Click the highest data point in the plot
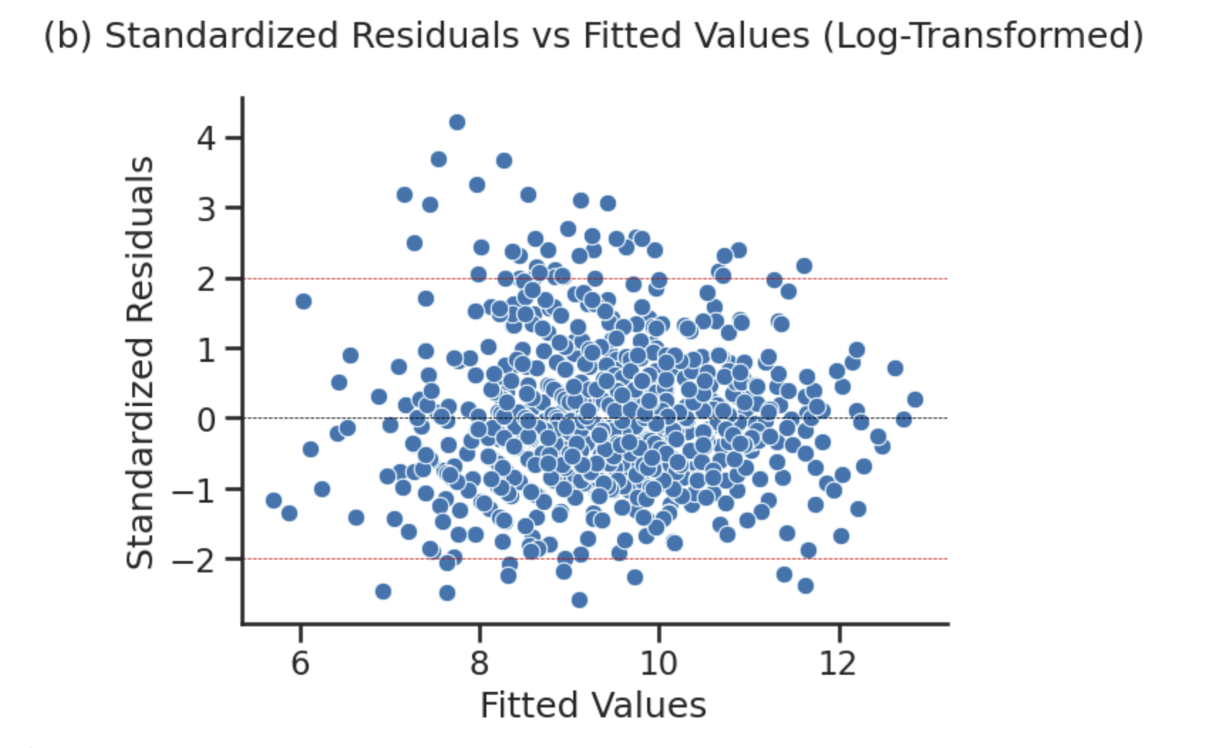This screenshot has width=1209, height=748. click(x=457, y=122)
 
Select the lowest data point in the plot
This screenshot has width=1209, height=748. click(x=580, y=600)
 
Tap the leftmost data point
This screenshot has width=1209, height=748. click(x=274, y=501)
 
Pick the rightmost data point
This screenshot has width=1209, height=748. click(x=915, y=400)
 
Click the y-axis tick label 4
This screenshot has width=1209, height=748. click(x=206, y=138)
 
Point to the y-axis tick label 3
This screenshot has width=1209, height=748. click(x=206, y=208)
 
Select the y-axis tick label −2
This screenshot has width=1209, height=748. click(x=193, y=560)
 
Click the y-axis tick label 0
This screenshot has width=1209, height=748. click(x=206, y=420)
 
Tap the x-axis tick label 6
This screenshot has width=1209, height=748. click(x=300, y=663)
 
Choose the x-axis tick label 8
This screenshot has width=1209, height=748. click(x=479, y=663)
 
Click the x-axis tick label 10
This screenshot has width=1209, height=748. click(x=659, y=663)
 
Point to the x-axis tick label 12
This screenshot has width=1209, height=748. click(x=838, y=663)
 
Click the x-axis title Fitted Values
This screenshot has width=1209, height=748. click(x=593, y=705)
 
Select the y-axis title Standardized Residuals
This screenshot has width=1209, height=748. click(x=139, y=363)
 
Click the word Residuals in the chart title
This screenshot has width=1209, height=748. click(x=435, y=36)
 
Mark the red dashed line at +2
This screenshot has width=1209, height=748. click(x=889, y=278)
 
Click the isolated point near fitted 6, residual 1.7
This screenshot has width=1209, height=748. click(x=304, y=301)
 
